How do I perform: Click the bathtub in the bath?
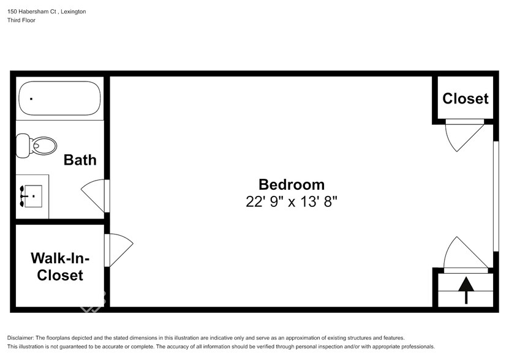tap(59, 99)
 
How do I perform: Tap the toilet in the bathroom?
tap(37, 145)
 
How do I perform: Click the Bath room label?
tap(80, 160)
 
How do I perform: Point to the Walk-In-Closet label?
tap(60, 266)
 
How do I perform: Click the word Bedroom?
tap(292, 184)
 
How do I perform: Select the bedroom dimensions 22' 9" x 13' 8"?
tap(292, 201)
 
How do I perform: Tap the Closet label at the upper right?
tap(466, 99)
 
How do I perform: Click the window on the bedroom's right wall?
tap(496, 196)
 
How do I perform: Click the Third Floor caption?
tap(21, 20)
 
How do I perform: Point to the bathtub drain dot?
tap(31, 99)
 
